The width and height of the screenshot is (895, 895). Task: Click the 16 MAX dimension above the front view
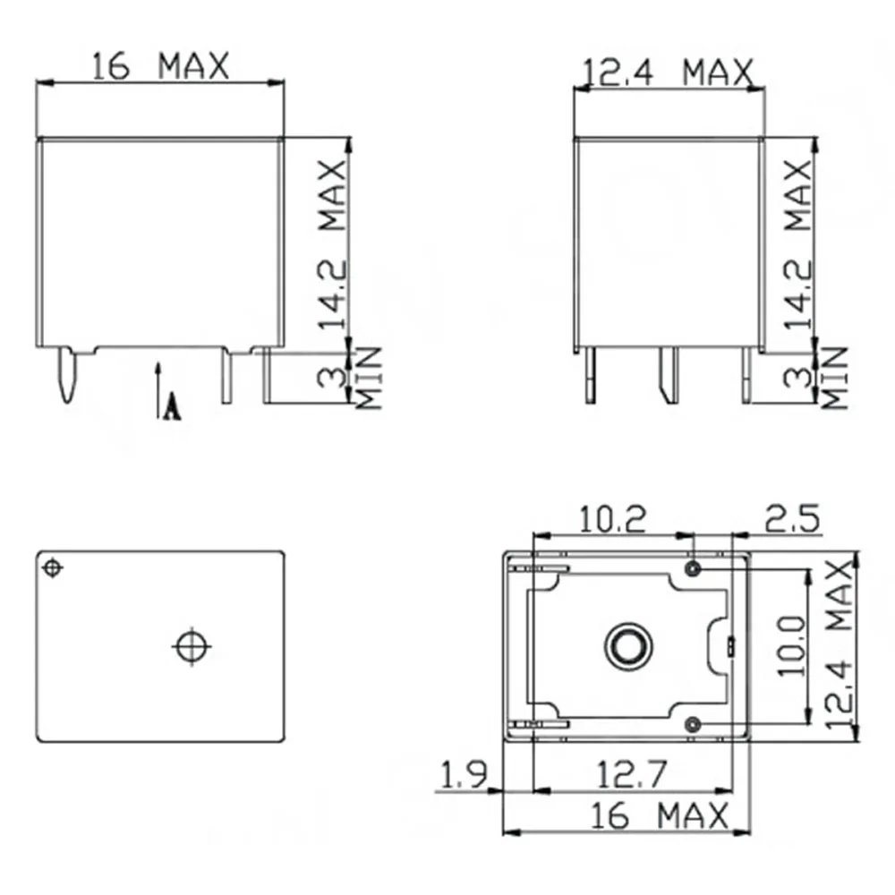click(161, 65)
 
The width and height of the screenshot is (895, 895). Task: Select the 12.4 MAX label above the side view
click(668, 72)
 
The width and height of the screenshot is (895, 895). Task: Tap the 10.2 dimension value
click(613, 518)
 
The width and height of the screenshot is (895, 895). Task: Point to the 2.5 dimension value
click(791, 518)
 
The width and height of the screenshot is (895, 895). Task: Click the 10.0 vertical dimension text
click(792, 645)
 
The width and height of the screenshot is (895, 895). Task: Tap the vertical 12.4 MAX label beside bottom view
click(840, 645)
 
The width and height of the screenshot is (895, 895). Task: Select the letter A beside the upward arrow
click(173, 408)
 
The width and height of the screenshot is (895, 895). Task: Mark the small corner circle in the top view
click(54, 568)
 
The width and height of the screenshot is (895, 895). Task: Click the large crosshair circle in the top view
click(191, 645)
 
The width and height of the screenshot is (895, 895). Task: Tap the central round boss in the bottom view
click(626, 645)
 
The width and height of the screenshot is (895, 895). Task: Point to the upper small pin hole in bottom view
click(693, 569)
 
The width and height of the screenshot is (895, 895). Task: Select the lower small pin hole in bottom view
click(693, 723)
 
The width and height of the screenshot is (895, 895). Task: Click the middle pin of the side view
click(668, 375)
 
